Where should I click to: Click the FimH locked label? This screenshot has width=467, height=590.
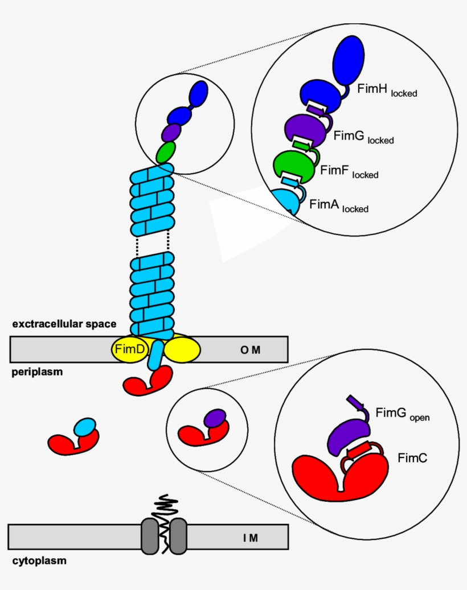[387, 90]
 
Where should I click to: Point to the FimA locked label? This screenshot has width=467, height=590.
[339, 205]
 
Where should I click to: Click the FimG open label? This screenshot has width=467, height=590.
[402, 414]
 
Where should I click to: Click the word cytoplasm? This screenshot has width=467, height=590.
[39, 561]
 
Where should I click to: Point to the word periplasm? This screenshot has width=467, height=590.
[37, 373]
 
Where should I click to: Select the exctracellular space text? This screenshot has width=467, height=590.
[64, 324]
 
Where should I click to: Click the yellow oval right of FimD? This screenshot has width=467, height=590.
[182, 349]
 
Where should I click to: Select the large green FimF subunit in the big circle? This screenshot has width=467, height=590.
[293, 165]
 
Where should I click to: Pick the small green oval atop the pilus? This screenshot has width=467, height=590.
[166, 152]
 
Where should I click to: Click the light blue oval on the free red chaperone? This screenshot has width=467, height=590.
[85, 427]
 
